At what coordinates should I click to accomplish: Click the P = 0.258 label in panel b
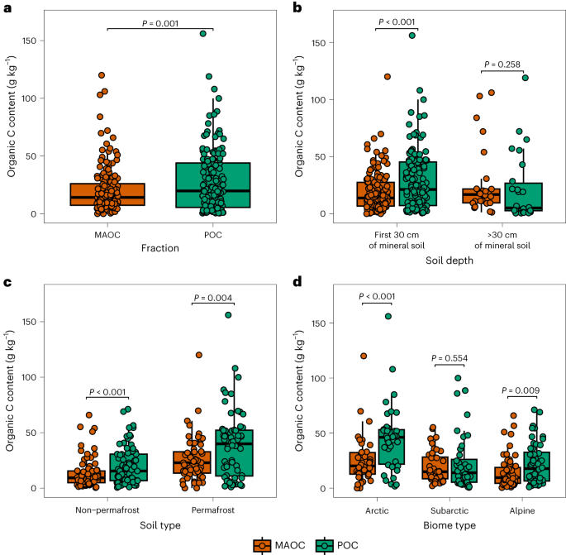coord(502,64)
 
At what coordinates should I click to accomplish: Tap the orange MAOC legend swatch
coord(262,543)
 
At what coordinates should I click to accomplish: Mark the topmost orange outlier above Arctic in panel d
coord(363,356)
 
